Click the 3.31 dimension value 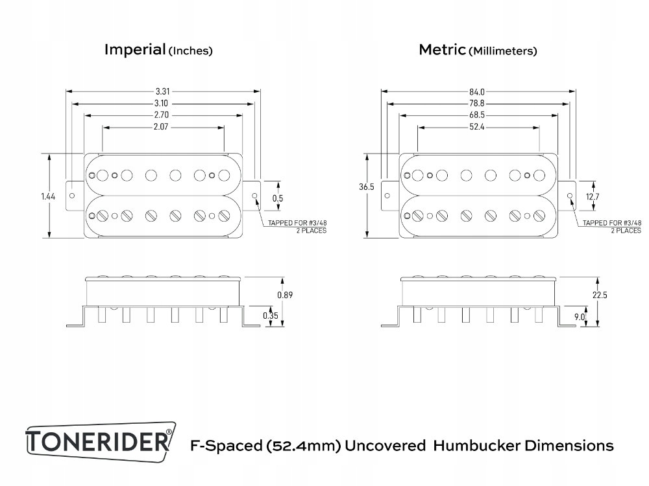point(163,91)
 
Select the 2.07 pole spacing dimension point(163,128)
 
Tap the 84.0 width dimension point(478,91)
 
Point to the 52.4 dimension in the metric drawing point(478,128)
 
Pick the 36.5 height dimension point(366,187)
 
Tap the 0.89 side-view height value point(284,295)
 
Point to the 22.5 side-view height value point(600,295)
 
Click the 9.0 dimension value point(580,317)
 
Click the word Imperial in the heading point(135,50)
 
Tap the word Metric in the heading point(442,50)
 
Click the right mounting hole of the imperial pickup point(254,196)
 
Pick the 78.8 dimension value point(478,104)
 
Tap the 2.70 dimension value point(163,115)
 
